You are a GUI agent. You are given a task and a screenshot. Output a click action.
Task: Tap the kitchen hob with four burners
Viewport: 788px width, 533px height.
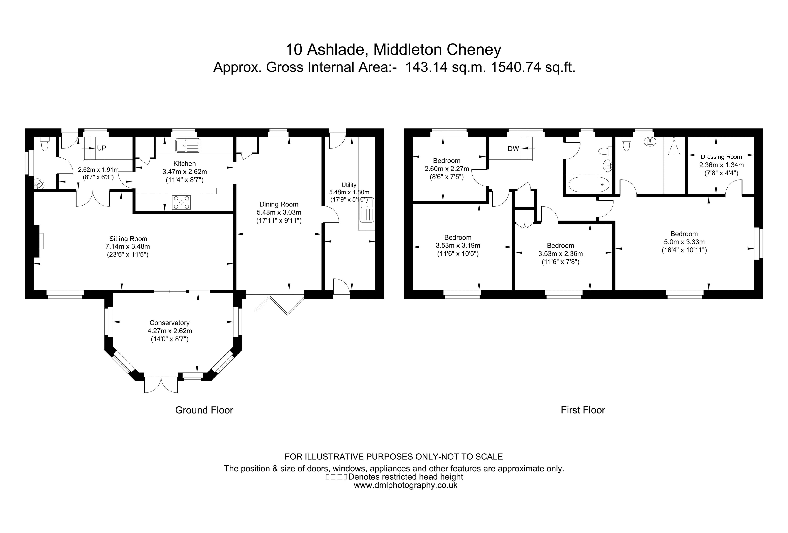pyautogui.click(x=181, y=202)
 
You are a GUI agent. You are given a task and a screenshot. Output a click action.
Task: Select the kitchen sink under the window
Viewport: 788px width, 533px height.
pyautogui.click(x=187, y=145)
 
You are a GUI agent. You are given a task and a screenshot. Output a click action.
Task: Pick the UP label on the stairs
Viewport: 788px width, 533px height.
pyautogui.click(x=101, y=148)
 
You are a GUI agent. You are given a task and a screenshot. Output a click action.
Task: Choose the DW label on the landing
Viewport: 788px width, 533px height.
pyautogui.click(x=513, y=148)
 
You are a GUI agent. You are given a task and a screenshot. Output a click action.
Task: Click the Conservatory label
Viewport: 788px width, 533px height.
pyautogui.click(x=169, y=323)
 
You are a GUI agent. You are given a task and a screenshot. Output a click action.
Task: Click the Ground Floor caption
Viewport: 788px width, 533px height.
pyautogui.click(x=204, y=410)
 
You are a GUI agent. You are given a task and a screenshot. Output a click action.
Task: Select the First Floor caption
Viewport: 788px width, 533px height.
pyautogui.click(x=583, y=410)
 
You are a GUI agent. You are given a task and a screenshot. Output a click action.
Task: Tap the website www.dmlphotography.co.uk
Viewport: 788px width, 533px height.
pyautogui.click(x=406, y=485)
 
